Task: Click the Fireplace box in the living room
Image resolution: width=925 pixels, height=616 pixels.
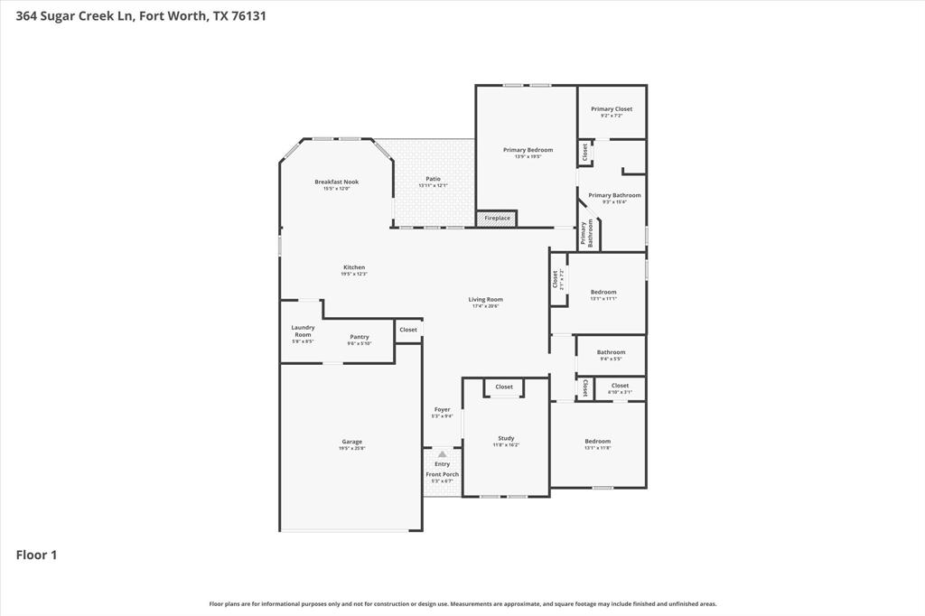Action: point(497,218)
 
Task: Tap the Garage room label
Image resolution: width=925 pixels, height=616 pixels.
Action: point(351,442)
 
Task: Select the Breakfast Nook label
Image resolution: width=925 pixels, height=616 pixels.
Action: point(336,182)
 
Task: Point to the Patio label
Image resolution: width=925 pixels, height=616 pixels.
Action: point(433,179)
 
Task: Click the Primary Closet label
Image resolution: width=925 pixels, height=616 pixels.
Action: point(612,108)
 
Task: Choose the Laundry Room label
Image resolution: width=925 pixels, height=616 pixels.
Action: point(303,331)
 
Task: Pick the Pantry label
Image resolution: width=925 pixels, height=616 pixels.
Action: point(360,337)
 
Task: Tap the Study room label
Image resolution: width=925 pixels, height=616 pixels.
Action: point(506,438)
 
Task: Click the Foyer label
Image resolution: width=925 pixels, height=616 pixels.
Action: point(442,409)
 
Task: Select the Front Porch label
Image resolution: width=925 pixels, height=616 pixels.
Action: point(442,474)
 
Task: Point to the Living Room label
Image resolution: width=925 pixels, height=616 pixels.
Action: point(485,299)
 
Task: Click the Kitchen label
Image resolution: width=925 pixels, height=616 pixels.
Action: point(354,267)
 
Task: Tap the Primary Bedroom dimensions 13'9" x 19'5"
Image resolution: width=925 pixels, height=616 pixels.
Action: point(528,156)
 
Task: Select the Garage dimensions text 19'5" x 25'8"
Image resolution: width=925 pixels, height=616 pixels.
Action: point(351,449)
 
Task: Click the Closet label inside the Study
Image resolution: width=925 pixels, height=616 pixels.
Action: point(504,387)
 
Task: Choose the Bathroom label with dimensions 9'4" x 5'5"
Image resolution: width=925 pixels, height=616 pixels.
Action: point(611,352)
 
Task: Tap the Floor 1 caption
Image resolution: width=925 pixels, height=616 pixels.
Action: point(36,555)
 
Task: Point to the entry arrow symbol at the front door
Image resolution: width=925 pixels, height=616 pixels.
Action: point(442,453)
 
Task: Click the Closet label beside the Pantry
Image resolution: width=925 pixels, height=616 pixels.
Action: point(408,330)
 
